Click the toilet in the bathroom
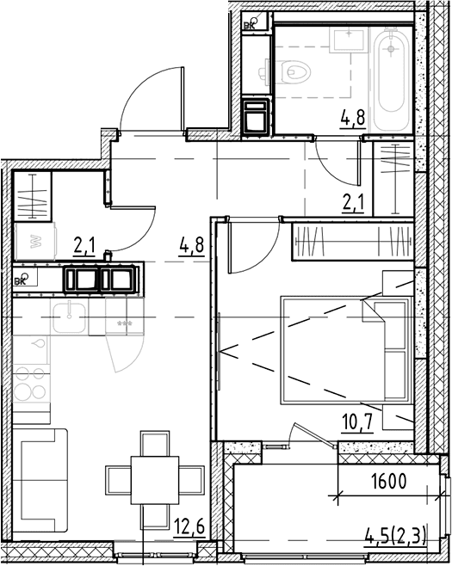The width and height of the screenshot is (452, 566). (x=294, y=71)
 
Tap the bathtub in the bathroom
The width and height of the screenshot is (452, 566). (x=390, y=79)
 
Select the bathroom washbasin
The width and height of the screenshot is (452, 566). (x=349, y=40)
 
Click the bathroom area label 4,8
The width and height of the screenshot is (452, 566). (x=353, y=119)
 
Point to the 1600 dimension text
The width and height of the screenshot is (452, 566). (x=389, y=481)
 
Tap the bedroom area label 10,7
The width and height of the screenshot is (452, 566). (x=357, y=422)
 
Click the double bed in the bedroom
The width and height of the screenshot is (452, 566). (x=347, y=350)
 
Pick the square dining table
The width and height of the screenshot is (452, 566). (x=155, y=480)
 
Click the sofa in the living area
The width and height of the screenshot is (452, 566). (x=40, y=480)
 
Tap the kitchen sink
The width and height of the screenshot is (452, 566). (x=70, y=317)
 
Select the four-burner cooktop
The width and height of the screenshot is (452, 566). (x=31, y=384)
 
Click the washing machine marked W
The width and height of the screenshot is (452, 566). (x=35, y=241)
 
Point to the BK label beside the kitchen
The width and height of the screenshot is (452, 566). (x=20, y=281)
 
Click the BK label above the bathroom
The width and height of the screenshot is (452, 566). (x=249, y=25)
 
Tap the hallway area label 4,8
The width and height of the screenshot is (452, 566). (x=191, y=246)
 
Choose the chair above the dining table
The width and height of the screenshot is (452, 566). (x=155, y=443)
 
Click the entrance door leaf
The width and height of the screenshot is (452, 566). (x=183, y=98)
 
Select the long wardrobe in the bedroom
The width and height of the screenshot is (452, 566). (x=353, y=241)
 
